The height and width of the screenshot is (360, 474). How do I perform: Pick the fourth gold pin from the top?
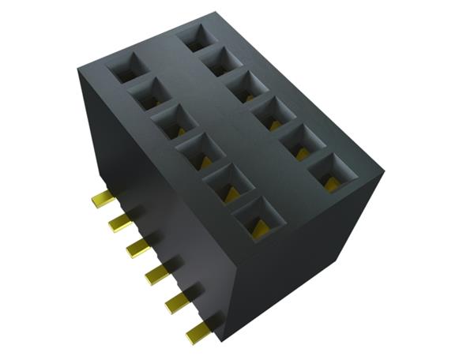pos(156,274)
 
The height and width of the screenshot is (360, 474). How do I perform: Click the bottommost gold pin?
pos(197,333)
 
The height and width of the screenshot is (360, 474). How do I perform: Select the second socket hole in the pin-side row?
pos(149,95)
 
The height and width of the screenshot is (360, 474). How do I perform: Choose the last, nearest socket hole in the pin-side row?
pos(258,218)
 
